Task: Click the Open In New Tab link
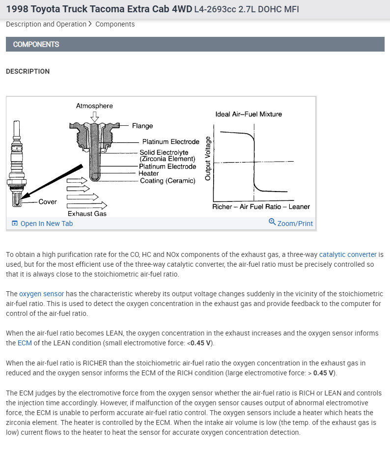click(x=46, y=224)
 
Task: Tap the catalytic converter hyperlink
click(x=348, y=254)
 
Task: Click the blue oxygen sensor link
click(x=42, y=294)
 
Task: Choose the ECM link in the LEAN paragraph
click(x=25, y=343)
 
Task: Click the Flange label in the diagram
click(x=142, y=126)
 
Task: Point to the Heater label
click(x=149, y=173)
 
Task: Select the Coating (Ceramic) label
click(x=167, y=181)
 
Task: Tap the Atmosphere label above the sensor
click(x=94, y=106)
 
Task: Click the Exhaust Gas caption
click(x=87, y=214)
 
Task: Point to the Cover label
click(x=48, y=201)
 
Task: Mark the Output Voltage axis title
click(x=208, y=158)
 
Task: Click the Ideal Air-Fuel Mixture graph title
click(x=249, y=114)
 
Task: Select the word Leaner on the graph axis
click(x=299, y=207)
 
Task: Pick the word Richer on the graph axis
click(x=222, y=207)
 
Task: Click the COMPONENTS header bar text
click(x=36, y=44)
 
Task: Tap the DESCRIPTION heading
click(x=28, y=71)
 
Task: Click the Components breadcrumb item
click(x=115, y=24)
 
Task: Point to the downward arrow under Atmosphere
click(x=94, y=116)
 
